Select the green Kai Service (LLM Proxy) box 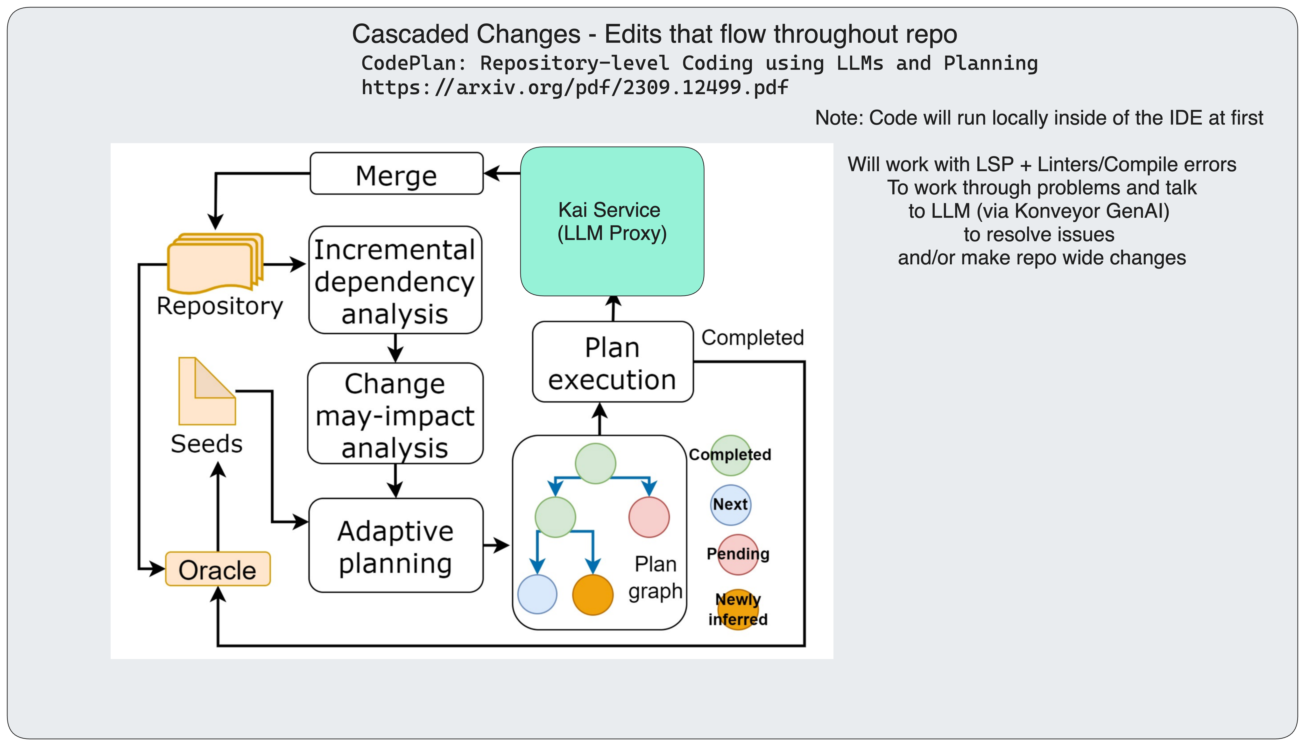point(612,221)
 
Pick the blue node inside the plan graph point(537,594)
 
